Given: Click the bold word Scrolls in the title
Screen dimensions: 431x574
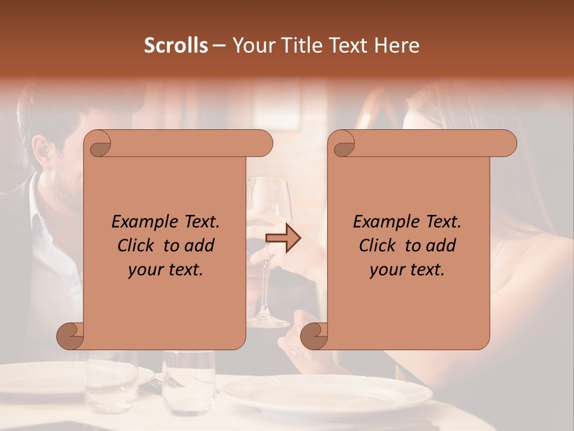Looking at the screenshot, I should point(176,45).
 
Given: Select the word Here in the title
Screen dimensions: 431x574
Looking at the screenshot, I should point(398,45).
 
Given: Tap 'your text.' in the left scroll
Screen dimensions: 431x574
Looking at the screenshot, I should point(166,270).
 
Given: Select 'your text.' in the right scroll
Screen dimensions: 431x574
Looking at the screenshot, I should point(407,270).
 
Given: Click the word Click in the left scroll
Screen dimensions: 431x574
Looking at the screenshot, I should point(136,245).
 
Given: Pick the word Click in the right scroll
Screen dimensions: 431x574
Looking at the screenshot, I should point(378,245).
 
